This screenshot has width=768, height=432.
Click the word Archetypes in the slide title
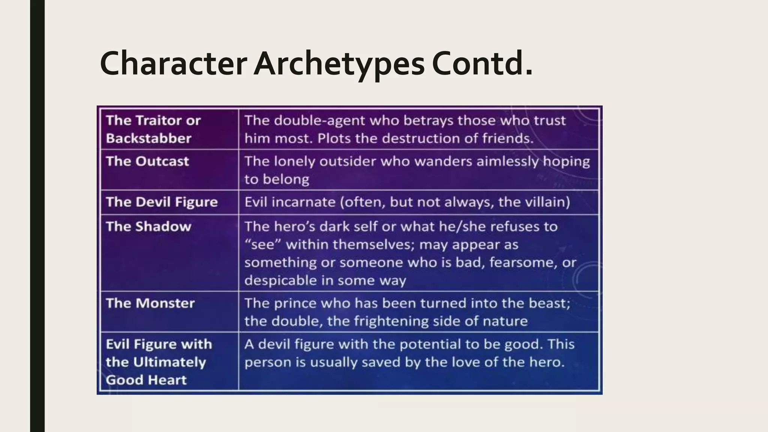click(339, 64)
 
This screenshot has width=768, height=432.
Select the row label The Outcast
click(147, 161)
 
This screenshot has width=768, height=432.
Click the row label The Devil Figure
click(162, 202)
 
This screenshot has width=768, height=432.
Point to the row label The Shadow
click(148, 226)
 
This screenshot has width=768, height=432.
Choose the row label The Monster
click(150, 303)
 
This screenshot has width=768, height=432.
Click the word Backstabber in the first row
click(148, 138)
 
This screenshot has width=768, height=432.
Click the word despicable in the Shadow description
click(280, 280)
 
